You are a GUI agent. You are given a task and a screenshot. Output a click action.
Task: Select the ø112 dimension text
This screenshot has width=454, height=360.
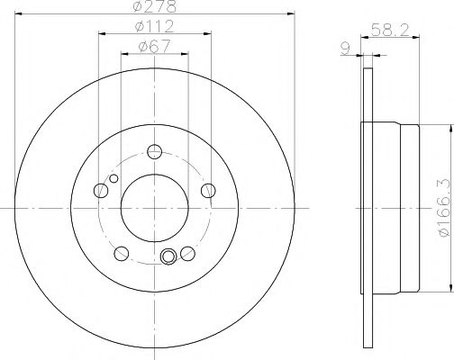tap(154, 26)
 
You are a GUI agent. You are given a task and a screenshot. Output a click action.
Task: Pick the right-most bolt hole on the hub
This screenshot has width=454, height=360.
tap(208, 190)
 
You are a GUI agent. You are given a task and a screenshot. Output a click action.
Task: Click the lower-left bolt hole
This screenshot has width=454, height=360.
tap(122, 252)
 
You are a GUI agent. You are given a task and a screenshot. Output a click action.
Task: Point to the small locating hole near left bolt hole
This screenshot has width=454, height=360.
tap(112, 178)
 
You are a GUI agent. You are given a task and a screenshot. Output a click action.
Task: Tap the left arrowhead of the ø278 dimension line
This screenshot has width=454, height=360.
tap(18, 13)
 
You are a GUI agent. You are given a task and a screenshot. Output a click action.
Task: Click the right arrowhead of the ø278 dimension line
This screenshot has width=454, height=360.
tap(292, 13)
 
